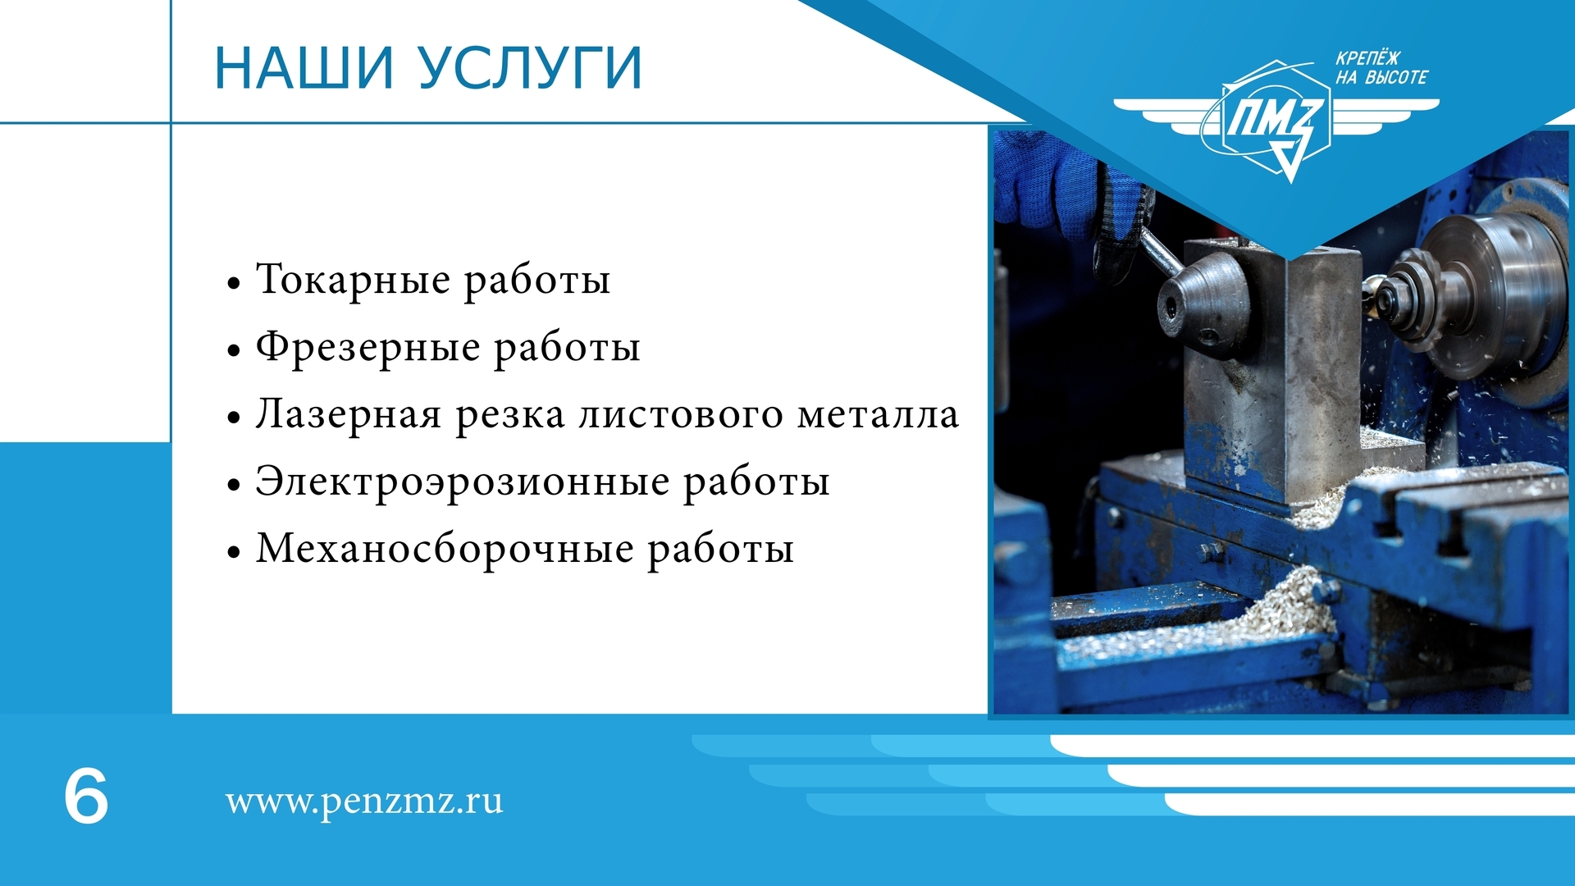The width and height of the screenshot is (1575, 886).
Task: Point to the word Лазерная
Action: coord(349,413)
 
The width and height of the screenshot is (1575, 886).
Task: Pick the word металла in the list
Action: coord(878,413)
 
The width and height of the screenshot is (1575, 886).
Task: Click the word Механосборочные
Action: coord(445,548)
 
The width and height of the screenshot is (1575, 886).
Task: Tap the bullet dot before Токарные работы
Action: coord(235,284)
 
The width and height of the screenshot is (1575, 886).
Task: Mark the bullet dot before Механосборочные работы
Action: coord(235,551)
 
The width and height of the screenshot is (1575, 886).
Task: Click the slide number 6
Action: coord(86,796)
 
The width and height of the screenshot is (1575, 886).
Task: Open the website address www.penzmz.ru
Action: coord(364,802)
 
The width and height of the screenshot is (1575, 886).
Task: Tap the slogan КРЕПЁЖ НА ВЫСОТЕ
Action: coord(1381,68)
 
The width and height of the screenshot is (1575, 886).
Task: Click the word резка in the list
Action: coord(510,415)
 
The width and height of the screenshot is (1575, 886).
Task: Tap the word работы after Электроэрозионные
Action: coord(756,482)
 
